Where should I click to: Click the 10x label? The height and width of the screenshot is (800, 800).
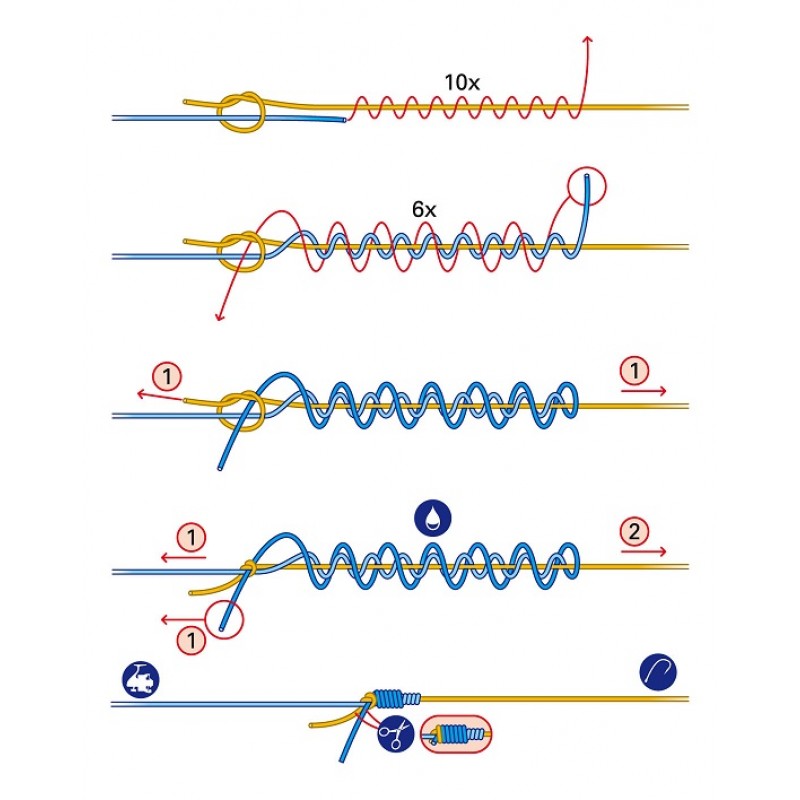[x=462, y=83]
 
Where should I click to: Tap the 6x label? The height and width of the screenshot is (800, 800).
[x=424, y=210]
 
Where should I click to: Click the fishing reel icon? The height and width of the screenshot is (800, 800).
[x=141, y=680]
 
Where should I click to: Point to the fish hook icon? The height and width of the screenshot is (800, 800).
[x=658, y=671]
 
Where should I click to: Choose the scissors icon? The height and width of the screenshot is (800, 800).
[x=396, y=734]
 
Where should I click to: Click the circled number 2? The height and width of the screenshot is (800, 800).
[x=634, y=532]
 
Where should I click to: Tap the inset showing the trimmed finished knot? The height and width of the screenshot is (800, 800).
[x=456, y=734]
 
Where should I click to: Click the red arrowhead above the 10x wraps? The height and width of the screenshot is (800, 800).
[x=588, y=39]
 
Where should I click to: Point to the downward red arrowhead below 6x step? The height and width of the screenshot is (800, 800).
[x=219, y=317]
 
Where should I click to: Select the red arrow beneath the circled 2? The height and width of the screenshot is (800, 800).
[x=644, y=552]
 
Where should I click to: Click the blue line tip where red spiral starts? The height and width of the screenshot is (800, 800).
[x=344, y=120]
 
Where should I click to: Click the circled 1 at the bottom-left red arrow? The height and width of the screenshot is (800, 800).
[x=191, y=640]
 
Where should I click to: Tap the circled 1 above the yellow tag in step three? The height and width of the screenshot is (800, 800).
[x=167, y=377]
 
